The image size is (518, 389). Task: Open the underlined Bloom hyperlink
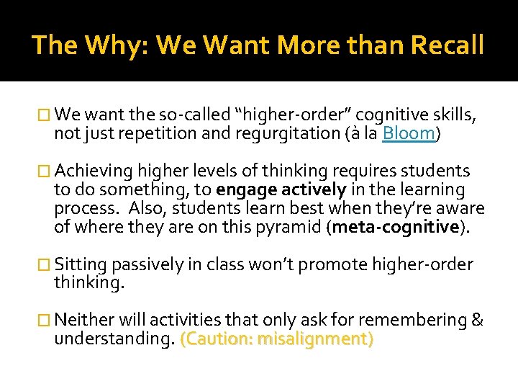click(409, 133)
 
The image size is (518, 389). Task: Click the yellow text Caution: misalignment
click(277, 339)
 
